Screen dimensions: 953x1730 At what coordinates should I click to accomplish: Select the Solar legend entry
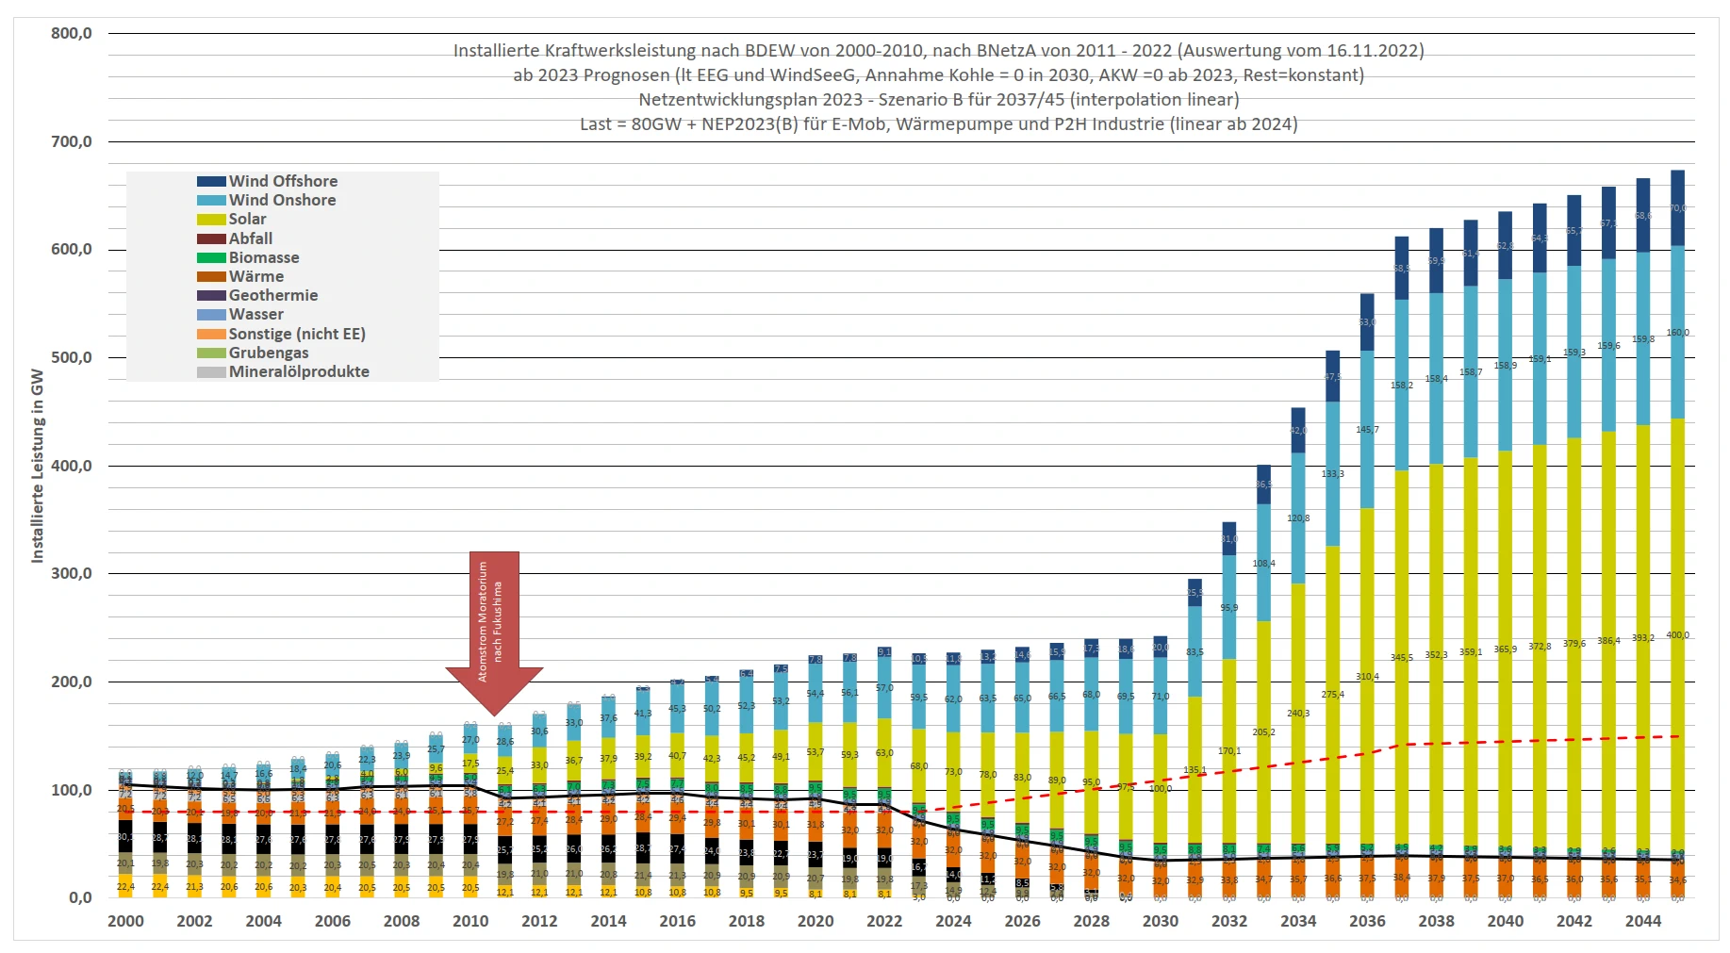tap(247, 219)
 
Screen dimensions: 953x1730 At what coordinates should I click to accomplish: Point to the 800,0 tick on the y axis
tap(72, 34)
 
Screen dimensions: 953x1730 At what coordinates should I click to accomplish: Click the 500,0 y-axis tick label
tap(72, 358)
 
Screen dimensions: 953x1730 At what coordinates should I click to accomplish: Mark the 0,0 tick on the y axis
tap(80, 898)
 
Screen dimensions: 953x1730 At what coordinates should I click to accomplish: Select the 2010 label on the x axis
tap(470, 922)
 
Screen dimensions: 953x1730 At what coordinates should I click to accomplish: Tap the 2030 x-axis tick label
tap(1160, 922)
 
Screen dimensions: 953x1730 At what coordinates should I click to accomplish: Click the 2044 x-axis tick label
tap(1642, 922)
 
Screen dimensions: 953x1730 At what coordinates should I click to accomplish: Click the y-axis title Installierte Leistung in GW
tap(38, 466)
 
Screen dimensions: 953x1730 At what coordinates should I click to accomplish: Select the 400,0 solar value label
tap(1677, 635)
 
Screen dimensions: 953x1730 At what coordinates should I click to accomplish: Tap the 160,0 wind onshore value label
tap(1677, 333)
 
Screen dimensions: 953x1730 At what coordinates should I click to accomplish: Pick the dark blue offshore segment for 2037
tap(1402, 269)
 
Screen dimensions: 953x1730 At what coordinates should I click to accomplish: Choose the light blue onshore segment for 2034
tap(1298, 518)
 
